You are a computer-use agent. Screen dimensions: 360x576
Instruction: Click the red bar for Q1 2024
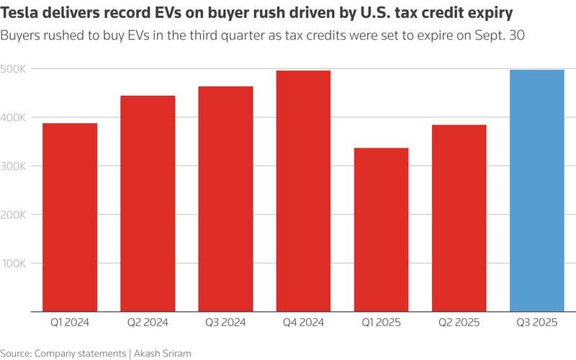(70, 217)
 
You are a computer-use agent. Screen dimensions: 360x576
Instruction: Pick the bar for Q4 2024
(303, 191)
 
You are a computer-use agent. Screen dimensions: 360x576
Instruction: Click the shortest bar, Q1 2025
(381, 230)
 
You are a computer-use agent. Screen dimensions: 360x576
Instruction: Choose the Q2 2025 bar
(459, 218)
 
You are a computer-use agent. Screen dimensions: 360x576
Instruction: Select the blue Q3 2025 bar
(536, 191)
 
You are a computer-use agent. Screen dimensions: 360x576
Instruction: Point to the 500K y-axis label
(14, 68)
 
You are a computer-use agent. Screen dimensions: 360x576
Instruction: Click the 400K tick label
(14, 117)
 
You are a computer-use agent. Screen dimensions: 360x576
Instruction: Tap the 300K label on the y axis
(14, 166)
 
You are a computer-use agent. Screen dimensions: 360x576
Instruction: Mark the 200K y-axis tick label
(14, 215)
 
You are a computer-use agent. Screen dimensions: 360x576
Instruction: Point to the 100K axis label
(14, 264)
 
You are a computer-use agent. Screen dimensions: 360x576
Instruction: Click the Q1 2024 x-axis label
(70, 323)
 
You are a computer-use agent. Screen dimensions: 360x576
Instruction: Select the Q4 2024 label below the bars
(303, 323)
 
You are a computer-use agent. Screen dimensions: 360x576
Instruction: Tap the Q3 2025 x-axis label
(536, 323)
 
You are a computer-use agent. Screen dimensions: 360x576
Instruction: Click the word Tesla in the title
(22, 14)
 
